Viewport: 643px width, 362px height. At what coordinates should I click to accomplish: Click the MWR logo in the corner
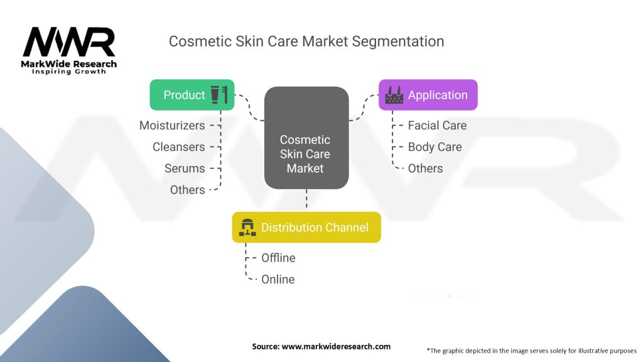click(69, 50)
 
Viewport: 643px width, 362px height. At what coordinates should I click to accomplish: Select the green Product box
click(192, 95)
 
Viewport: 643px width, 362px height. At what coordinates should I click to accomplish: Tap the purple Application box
click(428, 95)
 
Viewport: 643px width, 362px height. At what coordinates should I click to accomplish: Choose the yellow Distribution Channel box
click(306, 228)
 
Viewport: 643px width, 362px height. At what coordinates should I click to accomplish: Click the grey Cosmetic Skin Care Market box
click(306, 138)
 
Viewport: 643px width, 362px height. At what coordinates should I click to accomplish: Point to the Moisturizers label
click(172, 126)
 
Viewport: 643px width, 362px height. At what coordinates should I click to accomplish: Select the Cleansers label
click(179, 147)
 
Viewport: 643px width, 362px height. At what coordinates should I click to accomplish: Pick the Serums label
click(185, 168)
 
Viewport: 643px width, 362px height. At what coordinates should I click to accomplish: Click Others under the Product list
click(187, 190)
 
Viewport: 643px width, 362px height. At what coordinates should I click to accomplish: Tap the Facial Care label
click(437, 126)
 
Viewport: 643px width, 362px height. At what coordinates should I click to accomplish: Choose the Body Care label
click(435, 147)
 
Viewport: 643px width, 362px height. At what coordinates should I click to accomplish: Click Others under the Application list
click(425, 168)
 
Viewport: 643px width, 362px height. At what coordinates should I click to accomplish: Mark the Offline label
click(278, 258)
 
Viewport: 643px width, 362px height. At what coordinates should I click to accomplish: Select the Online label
click(278, 280)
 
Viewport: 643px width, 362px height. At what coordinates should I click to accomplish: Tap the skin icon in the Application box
click(394, 95)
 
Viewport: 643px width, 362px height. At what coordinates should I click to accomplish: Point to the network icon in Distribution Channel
click(247, 228)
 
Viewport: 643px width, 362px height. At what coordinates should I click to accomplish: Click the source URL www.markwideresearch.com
click(336, 346)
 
